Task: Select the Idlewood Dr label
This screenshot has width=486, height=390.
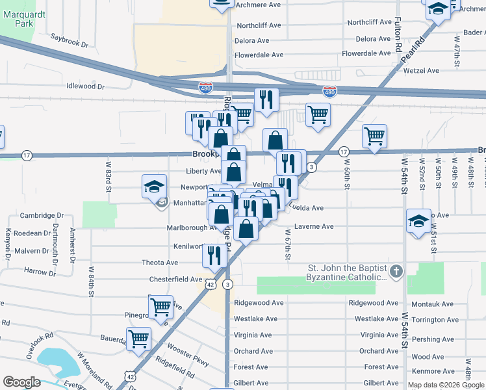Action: tap(85, 86)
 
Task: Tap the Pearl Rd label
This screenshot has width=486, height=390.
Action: tap(413, 50)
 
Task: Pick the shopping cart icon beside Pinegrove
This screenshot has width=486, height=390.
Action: tap(160, 305)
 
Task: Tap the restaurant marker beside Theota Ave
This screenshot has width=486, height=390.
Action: tap(213, 255)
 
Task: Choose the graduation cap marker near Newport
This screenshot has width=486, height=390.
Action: tap(154, 187)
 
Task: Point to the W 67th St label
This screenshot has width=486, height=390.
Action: tap(287, 243)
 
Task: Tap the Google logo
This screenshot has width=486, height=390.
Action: tap(22, 382)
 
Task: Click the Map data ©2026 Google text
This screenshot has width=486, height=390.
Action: tap(446, 385)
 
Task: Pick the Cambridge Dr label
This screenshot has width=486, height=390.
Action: tap(42, 215)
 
